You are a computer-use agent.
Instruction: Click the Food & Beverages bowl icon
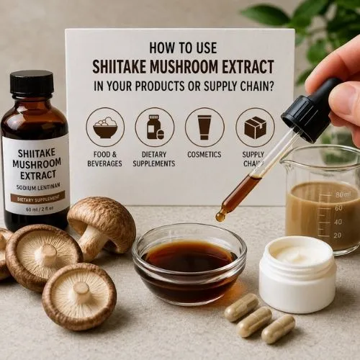105,127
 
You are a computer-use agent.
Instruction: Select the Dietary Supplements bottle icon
154,127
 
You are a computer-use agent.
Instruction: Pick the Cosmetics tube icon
204,127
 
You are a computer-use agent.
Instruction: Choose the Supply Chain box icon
255,127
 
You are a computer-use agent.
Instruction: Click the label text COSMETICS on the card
204,155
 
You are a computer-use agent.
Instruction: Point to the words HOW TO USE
183,48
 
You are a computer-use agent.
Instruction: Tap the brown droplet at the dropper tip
221,215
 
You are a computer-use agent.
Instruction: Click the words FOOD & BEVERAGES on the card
105,158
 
